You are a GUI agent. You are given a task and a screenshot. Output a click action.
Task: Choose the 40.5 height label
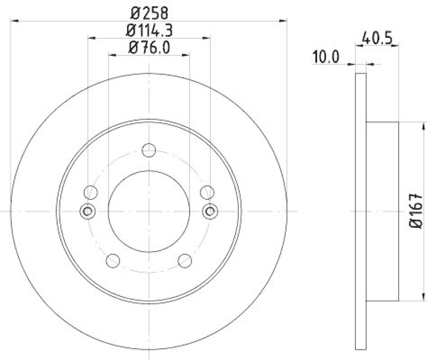(377, 38)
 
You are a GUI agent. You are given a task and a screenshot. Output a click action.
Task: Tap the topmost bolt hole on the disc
(149, 150)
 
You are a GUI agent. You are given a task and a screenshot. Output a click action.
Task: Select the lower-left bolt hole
(113, 260)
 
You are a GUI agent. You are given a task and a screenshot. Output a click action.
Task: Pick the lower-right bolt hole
(185, 260)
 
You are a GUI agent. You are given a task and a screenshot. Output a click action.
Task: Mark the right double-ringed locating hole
(210, 211)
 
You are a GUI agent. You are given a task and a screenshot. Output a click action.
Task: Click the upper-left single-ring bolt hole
(91, 192)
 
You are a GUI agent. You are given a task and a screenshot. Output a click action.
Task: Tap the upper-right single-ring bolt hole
(207, 192)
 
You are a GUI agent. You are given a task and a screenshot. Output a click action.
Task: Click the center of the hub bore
(149, 211)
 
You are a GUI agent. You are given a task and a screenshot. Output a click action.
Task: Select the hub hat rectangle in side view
(383, 211)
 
